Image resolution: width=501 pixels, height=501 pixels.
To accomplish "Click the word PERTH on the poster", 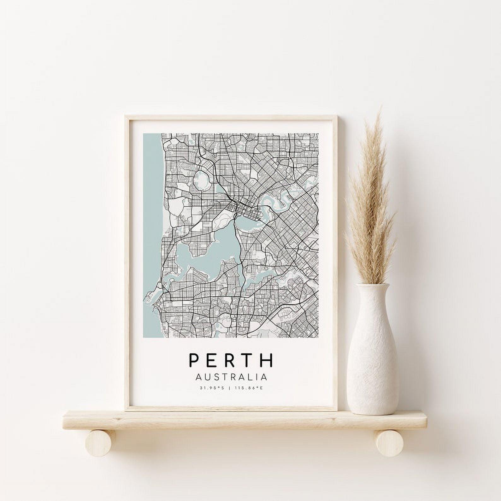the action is pyautogui.click(x=231, y=360).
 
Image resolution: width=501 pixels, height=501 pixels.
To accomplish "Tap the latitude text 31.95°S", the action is pyautogui.click(x=211, y=388).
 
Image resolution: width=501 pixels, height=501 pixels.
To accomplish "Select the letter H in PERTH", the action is pyautogui.click(x=268, y=360).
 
